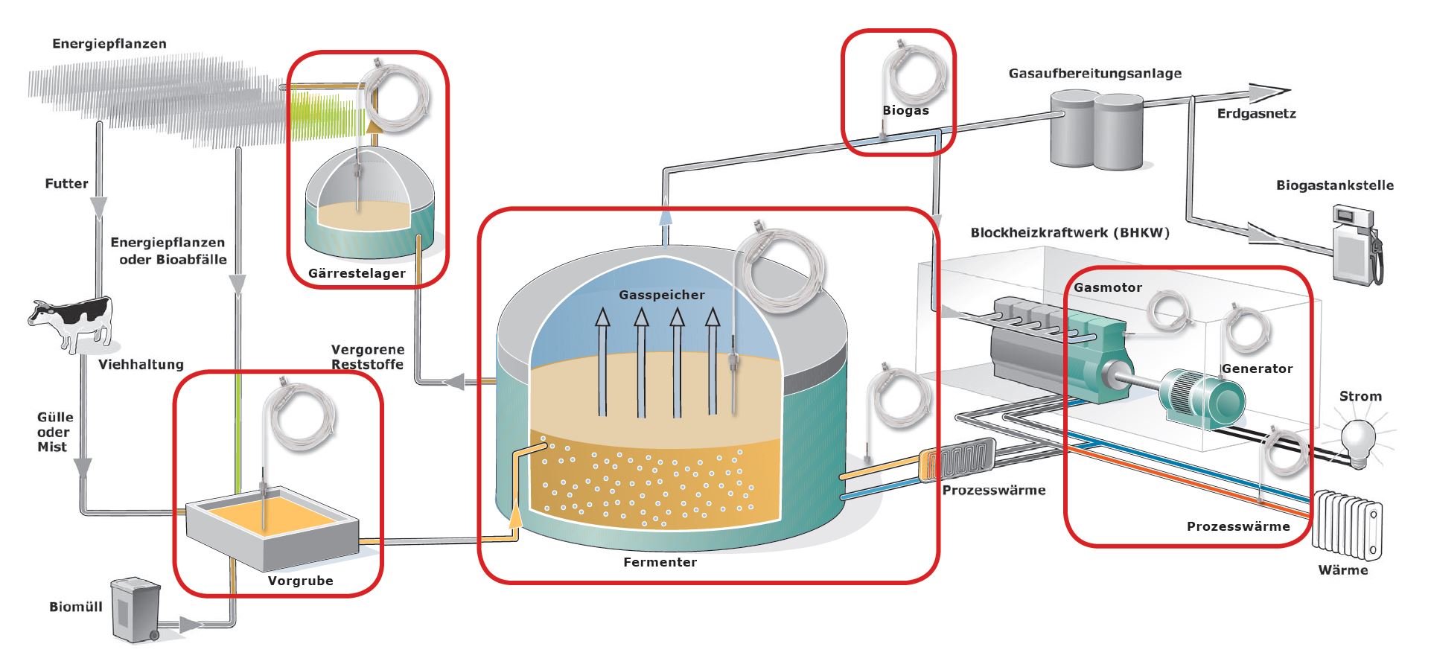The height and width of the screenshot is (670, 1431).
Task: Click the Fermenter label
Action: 660,562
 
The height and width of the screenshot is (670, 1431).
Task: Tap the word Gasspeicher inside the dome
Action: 661,295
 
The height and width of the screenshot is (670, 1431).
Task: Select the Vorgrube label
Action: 300,581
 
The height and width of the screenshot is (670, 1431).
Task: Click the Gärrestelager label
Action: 357,273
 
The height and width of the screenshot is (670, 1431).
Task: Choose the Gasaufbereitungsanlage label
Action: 1094,73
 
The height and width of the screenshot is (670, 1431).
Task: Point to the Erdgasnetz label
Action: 1256,113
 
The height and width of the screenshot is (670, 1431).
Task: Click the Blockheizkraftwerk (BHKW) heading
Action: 1069,232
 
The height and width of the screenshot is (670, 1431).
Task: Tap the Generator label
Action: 1257,368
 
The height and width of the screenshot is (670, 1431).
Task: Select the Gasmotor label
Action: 1107,287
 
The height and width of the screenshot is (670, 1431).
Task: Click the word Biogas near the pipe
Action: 905,110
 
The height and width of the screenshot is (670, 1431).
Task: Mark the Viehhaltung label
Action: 141,364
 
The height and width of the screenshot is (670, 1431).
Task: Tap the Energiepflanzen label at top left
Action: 109,43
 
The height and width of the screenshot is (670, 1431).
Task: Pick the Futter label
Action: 66,183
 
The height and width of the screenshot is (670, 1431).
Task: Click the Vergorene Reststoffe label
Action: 368,357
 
